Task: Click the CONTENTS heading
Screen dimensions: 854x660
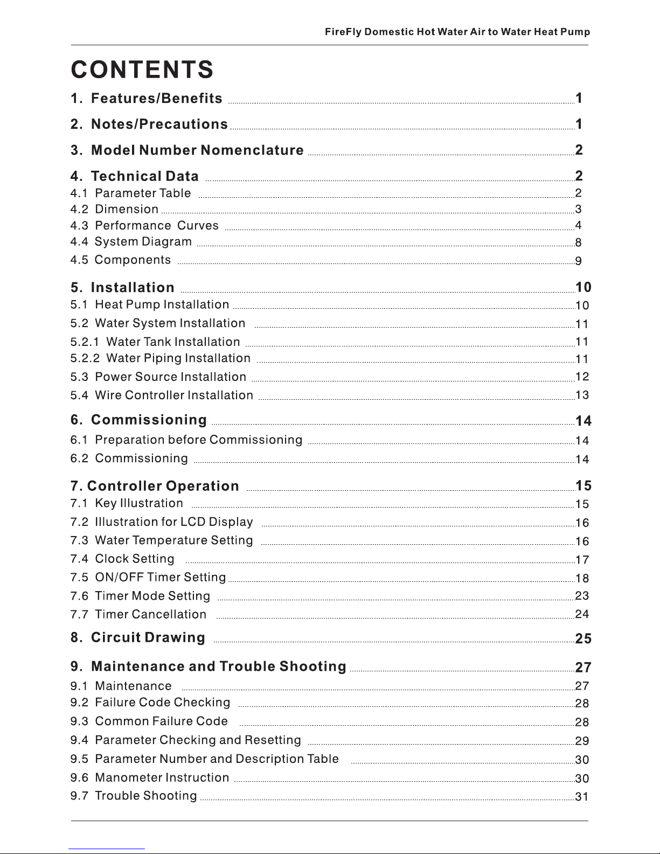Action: click(142, 70)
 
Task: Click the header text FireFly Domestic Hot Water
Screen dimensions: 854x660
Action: click(457, 32)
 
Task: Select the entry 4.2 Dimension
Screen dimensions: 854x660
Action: click(115, 209)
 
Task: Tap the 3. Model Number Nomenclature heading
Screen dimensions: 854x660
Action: click(187, 150)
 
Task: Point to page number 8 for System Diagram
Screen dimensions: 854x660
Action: click(578, 243)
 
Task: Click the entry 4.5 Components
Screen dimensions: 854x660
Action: click(121, 260)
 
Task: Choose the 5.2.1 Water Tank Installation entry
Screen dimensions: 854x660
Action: click(155, 342)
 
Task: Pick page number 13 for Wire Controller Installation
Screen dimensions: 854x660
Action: click(582, 395)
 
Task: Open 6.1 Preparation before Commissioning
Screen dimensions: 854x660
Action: click(186, 440)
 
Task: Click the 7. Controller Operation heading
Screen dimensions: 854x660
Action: click(155, 486)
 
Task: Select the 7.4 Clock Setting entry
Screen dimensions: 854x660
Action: click(122, 559)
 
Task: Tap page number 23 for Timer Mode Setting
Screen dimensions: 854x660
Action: click(582, 596)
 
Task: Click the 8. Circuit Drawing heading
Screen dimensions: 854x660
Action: click(138, 638)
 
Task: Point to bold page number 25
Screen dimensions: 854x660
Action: click(583, 639)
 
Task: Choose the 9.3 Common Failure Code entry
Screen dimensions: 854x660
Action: click(149, 721)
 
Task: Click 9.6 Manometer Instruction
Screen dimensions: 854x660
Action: click(150, 777)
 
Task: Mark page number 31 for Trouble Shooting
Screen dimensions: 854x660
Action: click(582, 796)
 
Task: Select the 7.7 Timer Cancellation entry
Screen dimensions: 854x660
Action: click(138, 614)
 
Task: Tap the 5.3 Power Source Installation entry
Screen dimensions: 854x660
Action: click(158, 377)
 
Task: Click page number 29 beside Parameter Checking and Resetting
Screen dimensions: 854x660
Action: click(582, 741)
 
